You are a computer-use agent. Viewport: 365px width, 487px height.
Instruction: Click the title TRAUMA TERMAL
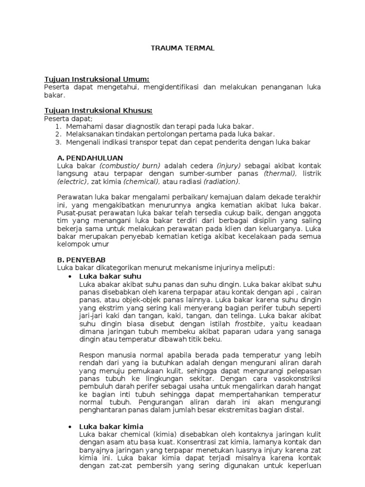[183, 48]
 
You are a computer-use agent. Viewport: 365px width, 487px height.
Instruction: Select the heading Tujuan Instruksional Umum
[96, 79]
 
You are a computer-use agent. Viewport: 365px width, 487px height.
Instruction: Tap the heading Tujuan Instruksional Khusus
[98, 111]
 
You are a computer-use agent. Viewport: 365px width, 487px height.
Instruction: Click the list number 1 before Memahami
[58, 126]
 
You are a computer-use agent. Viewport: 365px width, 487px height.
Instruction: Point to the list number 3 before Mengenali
[58, 142]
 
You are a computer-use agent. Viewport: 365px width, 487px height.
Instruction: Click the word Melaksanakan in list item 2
[88, 134]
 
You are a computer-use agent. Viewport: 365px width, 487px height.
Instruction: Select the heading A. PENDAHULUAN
[90, 157]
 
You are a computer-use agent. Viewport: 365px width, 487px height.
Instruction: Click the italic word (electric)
[72, 181]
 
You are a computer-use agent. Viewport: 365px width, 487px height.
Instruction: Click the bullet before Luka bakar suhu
[70, 276]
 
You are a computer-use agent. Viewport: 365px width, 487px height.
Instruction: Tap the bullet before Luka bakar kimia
[70, 427]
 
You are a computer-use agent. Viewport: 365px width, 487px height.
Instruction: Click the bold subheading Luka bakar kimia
[111, 426]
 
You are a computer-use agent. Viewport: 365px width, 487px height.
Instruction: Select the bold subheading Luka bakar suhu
[110, 276]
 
